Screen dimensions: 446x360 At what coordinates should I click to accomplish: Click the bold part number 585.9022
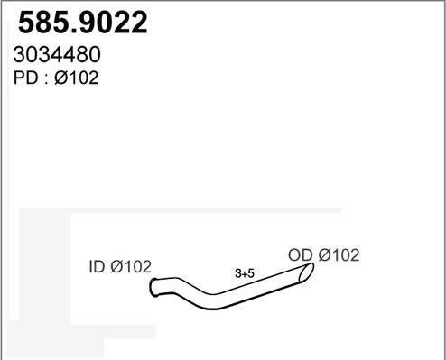coord(83,23)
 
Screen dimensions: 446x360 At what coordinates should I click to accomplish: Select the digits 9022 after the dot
coord(112,23)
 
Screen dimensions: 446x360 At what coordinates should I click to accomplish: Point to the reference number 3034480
coord(57,54)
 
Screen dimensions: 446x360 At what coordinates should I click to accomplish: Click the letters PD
coord(25,78)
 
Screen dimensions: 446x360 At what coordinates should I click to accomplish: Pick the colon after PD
coord(46,79)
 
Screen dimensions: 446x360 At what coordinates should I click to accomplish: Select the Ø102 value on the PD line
coord(77,78)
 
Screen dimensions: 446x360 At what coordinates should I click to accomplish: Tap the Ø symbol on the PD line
coord(61,78)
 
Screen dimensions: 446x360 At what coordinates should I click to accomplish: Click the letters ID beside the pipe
coord(97,266)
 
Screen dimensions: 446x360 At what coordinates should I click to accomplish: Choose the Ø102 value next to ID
coord(131,266)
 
